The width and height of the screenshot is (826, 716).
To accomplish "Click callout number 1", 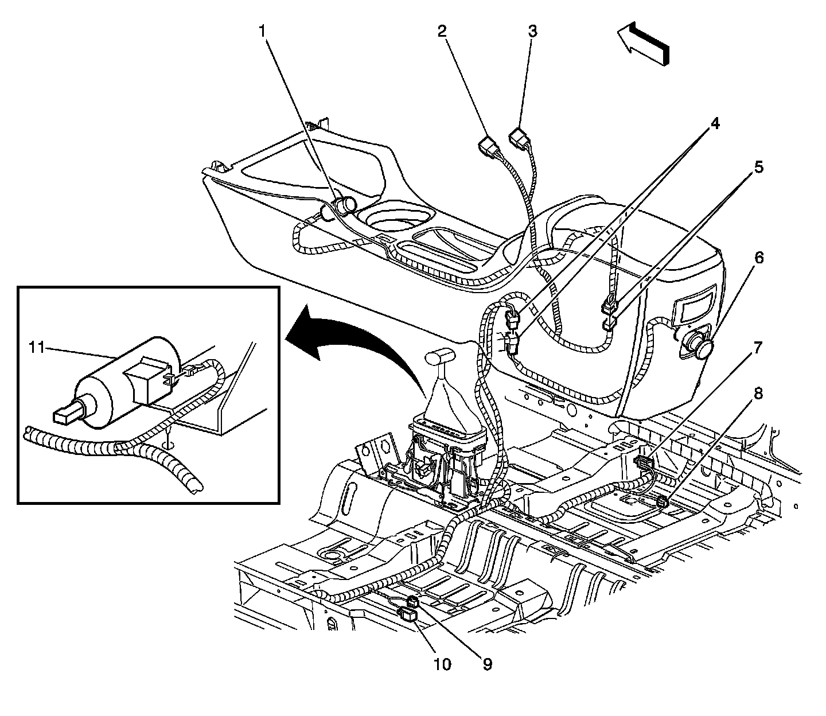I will (263, 31).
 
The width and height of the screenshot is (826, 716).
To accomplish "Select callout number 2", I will (442, 31).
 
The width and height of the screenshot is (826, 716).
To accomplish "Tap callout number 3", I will (532, 31).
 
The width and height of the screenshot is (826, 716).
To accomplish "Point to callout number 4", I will (715, 124).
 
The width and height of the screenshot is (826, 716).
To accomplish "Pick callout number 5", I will (758, 168).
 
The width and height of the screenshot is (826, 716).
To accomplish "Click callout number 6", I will (758, 258).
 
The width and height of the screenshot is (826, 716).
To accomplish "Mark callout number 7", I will (758, 348).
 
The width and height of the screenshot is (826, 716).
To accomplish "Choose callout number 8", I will (758, 394).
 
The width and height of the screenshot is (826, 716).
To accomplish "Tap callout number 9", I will (486, 664).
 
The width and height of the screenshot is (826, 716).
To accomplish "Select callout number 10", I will (442, 664).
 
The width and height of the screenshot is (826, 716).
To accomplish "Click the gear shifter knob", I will (441, 357).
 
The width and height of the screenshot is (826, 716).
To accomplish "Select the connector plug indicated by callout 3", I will (519, 138).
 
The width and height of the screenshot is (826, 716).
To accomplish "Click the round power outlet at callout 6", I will (698, 343).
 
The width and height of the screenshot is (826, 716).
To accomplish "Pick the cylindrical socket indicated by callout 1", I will (345, 204).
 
